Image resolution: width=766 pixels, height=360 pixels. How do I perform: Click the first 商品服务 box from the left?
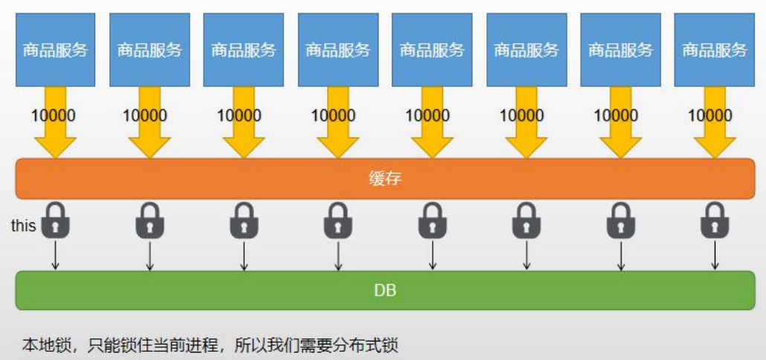coord(55,50)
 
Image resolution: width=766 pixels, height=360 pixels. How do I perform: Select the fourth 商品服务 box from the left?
coord(338,50)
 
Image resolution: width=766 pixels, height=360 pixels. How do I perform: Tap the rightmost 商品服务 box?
coord(714,50)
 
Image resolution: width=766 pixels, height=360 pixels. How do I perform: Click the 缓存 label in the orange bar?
coord(384,179)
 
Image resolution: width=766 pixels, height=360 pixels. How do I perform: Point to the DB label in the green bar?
coord(384,290)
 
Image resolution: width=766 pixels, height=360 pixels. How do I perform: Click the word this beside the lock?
coord(23,225)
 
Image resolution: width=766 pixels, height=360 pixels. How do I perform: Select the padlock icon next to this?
coord(55,221)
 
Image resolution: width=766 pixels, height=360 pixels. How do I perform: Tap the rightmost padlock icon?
coord(714,221)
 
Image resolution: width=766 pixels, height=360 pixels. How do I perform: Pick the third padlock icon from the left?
coord(244,221)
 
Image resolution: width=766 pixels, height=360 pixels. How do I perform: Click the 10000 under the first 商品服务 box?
coord(54,115)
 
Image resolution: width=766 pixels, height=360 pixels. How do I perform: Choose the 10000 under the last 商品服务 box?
coord(710,115)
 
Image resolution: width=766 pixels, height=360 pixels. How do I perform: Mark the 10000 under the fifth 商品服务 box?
coord(428,115)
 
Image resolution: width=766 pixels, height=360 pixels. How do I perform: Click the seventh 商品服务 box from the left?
coord(620,50)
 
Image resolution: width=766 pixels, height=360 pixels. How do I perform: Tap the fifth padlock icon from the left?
coord(432,221)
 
